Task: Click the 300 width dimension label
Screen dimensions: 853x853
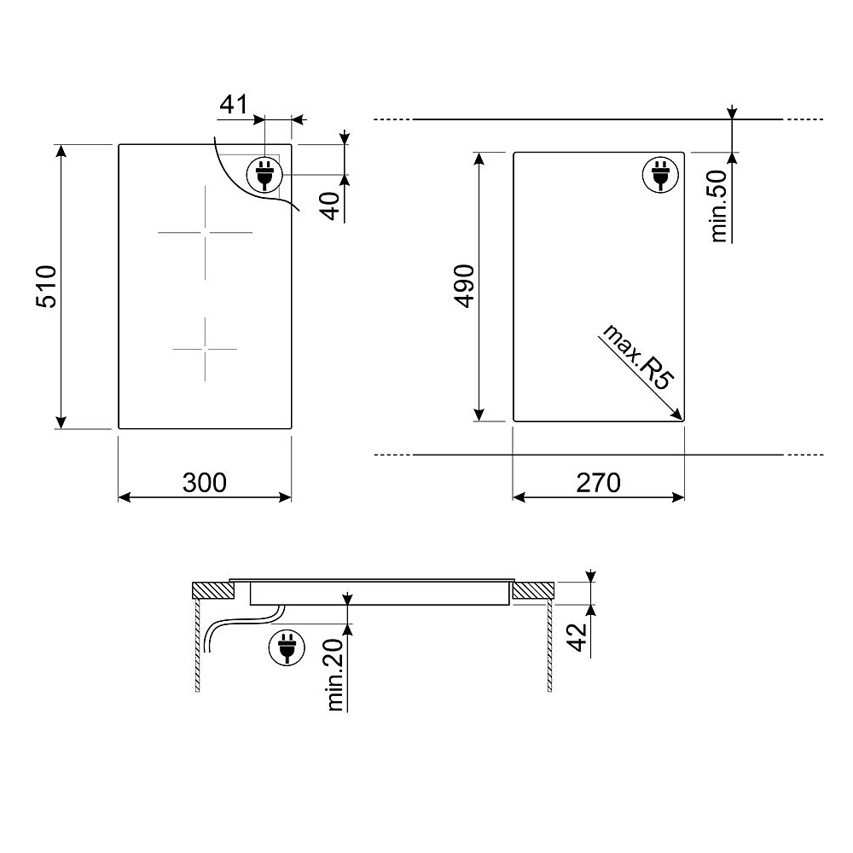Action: (205, 483)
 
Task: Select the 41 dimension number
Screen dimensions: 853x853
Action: (234, 104)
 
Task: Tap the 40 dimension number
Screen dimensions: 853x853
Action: (331, 206)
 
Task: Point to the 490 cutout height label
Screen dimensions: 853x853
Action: (464, 287)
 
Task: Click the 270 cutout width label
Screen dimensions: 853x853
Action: (599, 483)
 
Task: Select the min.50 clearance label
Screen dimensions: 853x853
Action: (718, 206)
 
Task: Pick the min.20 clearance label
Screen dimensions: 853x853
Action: (336, 675)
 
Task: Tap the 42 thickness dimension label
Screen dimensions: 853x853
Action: (577, 636)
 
